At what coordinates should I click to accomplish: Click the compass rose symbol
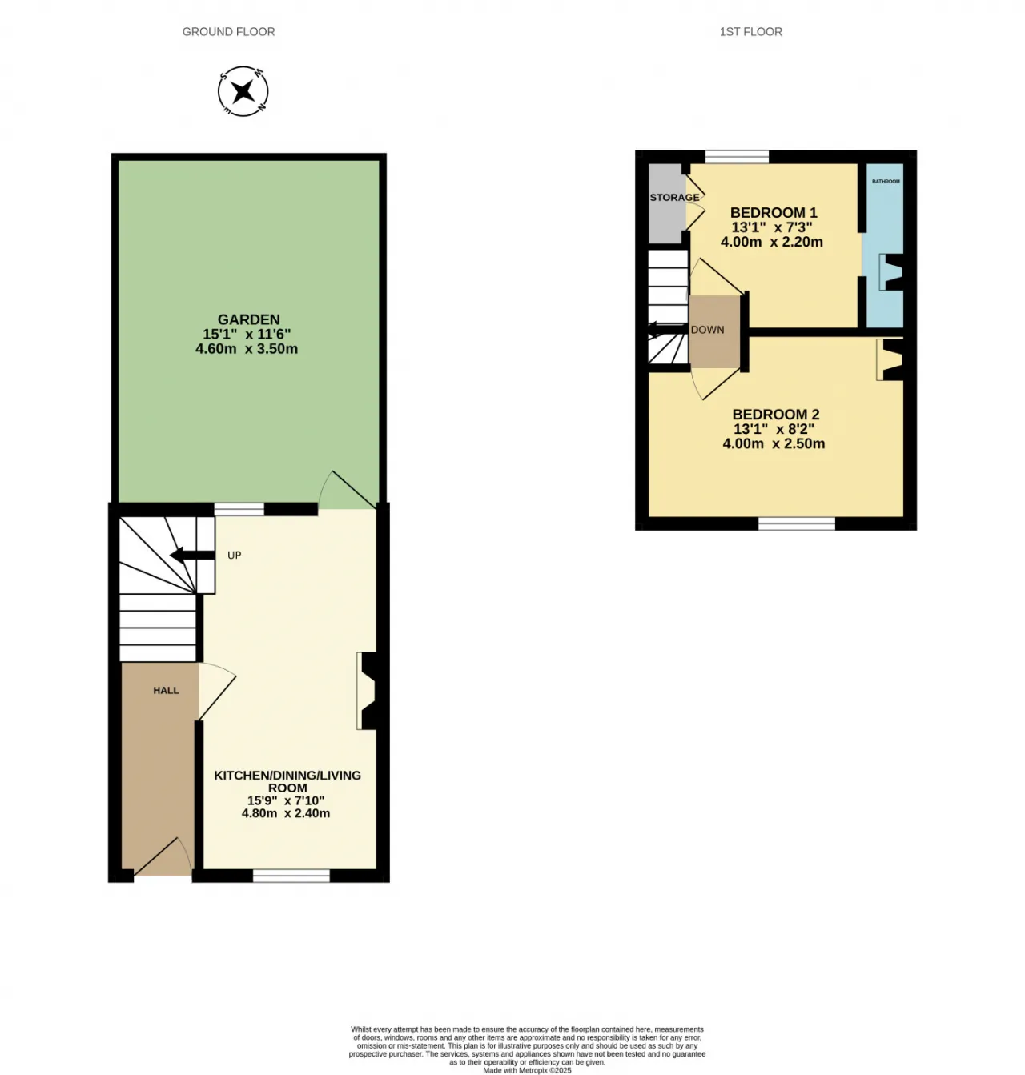(243, 90)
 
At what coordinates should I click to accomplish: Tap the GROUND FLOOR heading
(229, 32)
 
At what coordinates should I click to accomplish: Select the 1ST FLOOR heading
(750, 32)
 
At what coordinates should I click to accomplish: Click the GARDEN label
(248, 319)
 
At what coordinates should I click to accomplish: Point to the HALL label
(166, 691)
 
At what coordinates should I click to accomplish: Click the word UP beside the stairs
(234, 556)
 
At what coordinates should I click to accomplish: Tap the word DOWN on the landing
(707, 330)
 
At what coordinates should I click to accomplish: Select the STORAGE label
(674, 198)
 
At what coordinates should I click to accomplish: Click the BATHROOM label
(886, 182)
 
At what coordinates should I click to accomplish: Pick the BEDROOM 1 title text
(774, 212)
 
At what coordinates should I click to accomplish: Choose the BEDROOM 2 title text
(775, 414)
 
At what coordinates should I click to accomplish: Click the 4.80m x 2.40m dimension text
(286, 813)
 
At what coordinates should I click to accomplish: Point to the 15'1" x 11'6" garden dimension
(247, 334)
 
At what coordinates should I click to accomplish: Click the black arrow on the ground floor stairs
(192, 556)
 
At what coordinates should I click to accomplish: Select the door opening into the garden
(347, 490)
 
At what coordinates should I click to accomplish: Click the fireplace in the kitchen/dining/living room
(368, 691)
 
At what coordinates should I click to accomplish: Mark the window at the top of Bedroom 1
(737, 157)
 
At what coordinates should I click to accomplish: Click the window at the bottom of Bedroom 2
(796, 523)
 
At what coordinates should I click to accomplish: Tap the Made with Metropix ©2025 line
(527, 1070)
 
